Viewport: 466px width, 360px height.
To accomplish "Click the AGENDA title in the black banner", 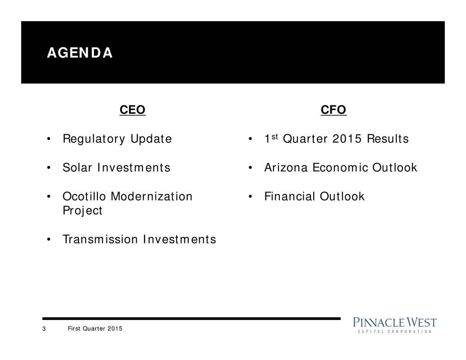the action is click(x=80, y=53).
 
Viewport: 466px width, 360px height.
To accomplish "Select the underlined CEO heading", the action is click(x=132, y=110).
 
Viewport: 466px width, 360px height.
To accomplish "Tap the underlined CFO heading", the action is click(x=334, y=110).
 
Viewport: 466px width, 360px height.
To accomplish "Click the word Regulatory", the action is click(x=94, y=139).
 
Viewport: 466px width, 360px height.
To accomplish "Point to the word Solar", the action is click(x=77, y=168).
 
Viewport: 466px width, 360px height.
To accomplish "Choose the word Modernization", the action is click(x=151, y=196).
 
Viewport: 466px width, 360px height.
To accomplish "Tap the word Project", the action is click(x=82, y=211).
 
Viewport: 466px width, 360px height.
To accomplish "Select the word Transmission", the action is click(x=100, y=239).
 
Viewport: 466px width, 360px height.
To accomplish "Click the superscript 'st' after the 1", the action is click(x=274, y=137).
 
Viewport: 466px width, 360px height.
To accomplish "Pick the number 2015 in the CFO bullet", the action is click(x=347, y=139).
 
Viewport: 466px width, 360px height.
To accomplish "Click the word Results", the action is click(x=388, y=139).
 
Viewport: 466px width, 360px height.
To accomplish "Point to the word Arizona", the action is click(x=286, y=168).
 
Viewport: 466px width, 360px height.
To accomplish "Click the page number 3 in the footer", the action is click(x=44, y=329).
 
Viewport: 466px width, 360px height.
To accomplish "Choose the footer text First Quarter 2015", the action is click(x=95, y=328).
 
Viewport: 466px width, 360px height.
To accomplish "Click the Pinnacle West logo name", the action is click(x=395, y=323).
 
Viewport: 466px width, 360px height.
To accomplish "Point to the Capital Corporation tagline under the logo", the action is click(x=395, y=332).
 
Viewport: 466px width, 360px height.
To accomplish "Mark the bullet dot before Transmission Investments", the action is click(x=49, y=240).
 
